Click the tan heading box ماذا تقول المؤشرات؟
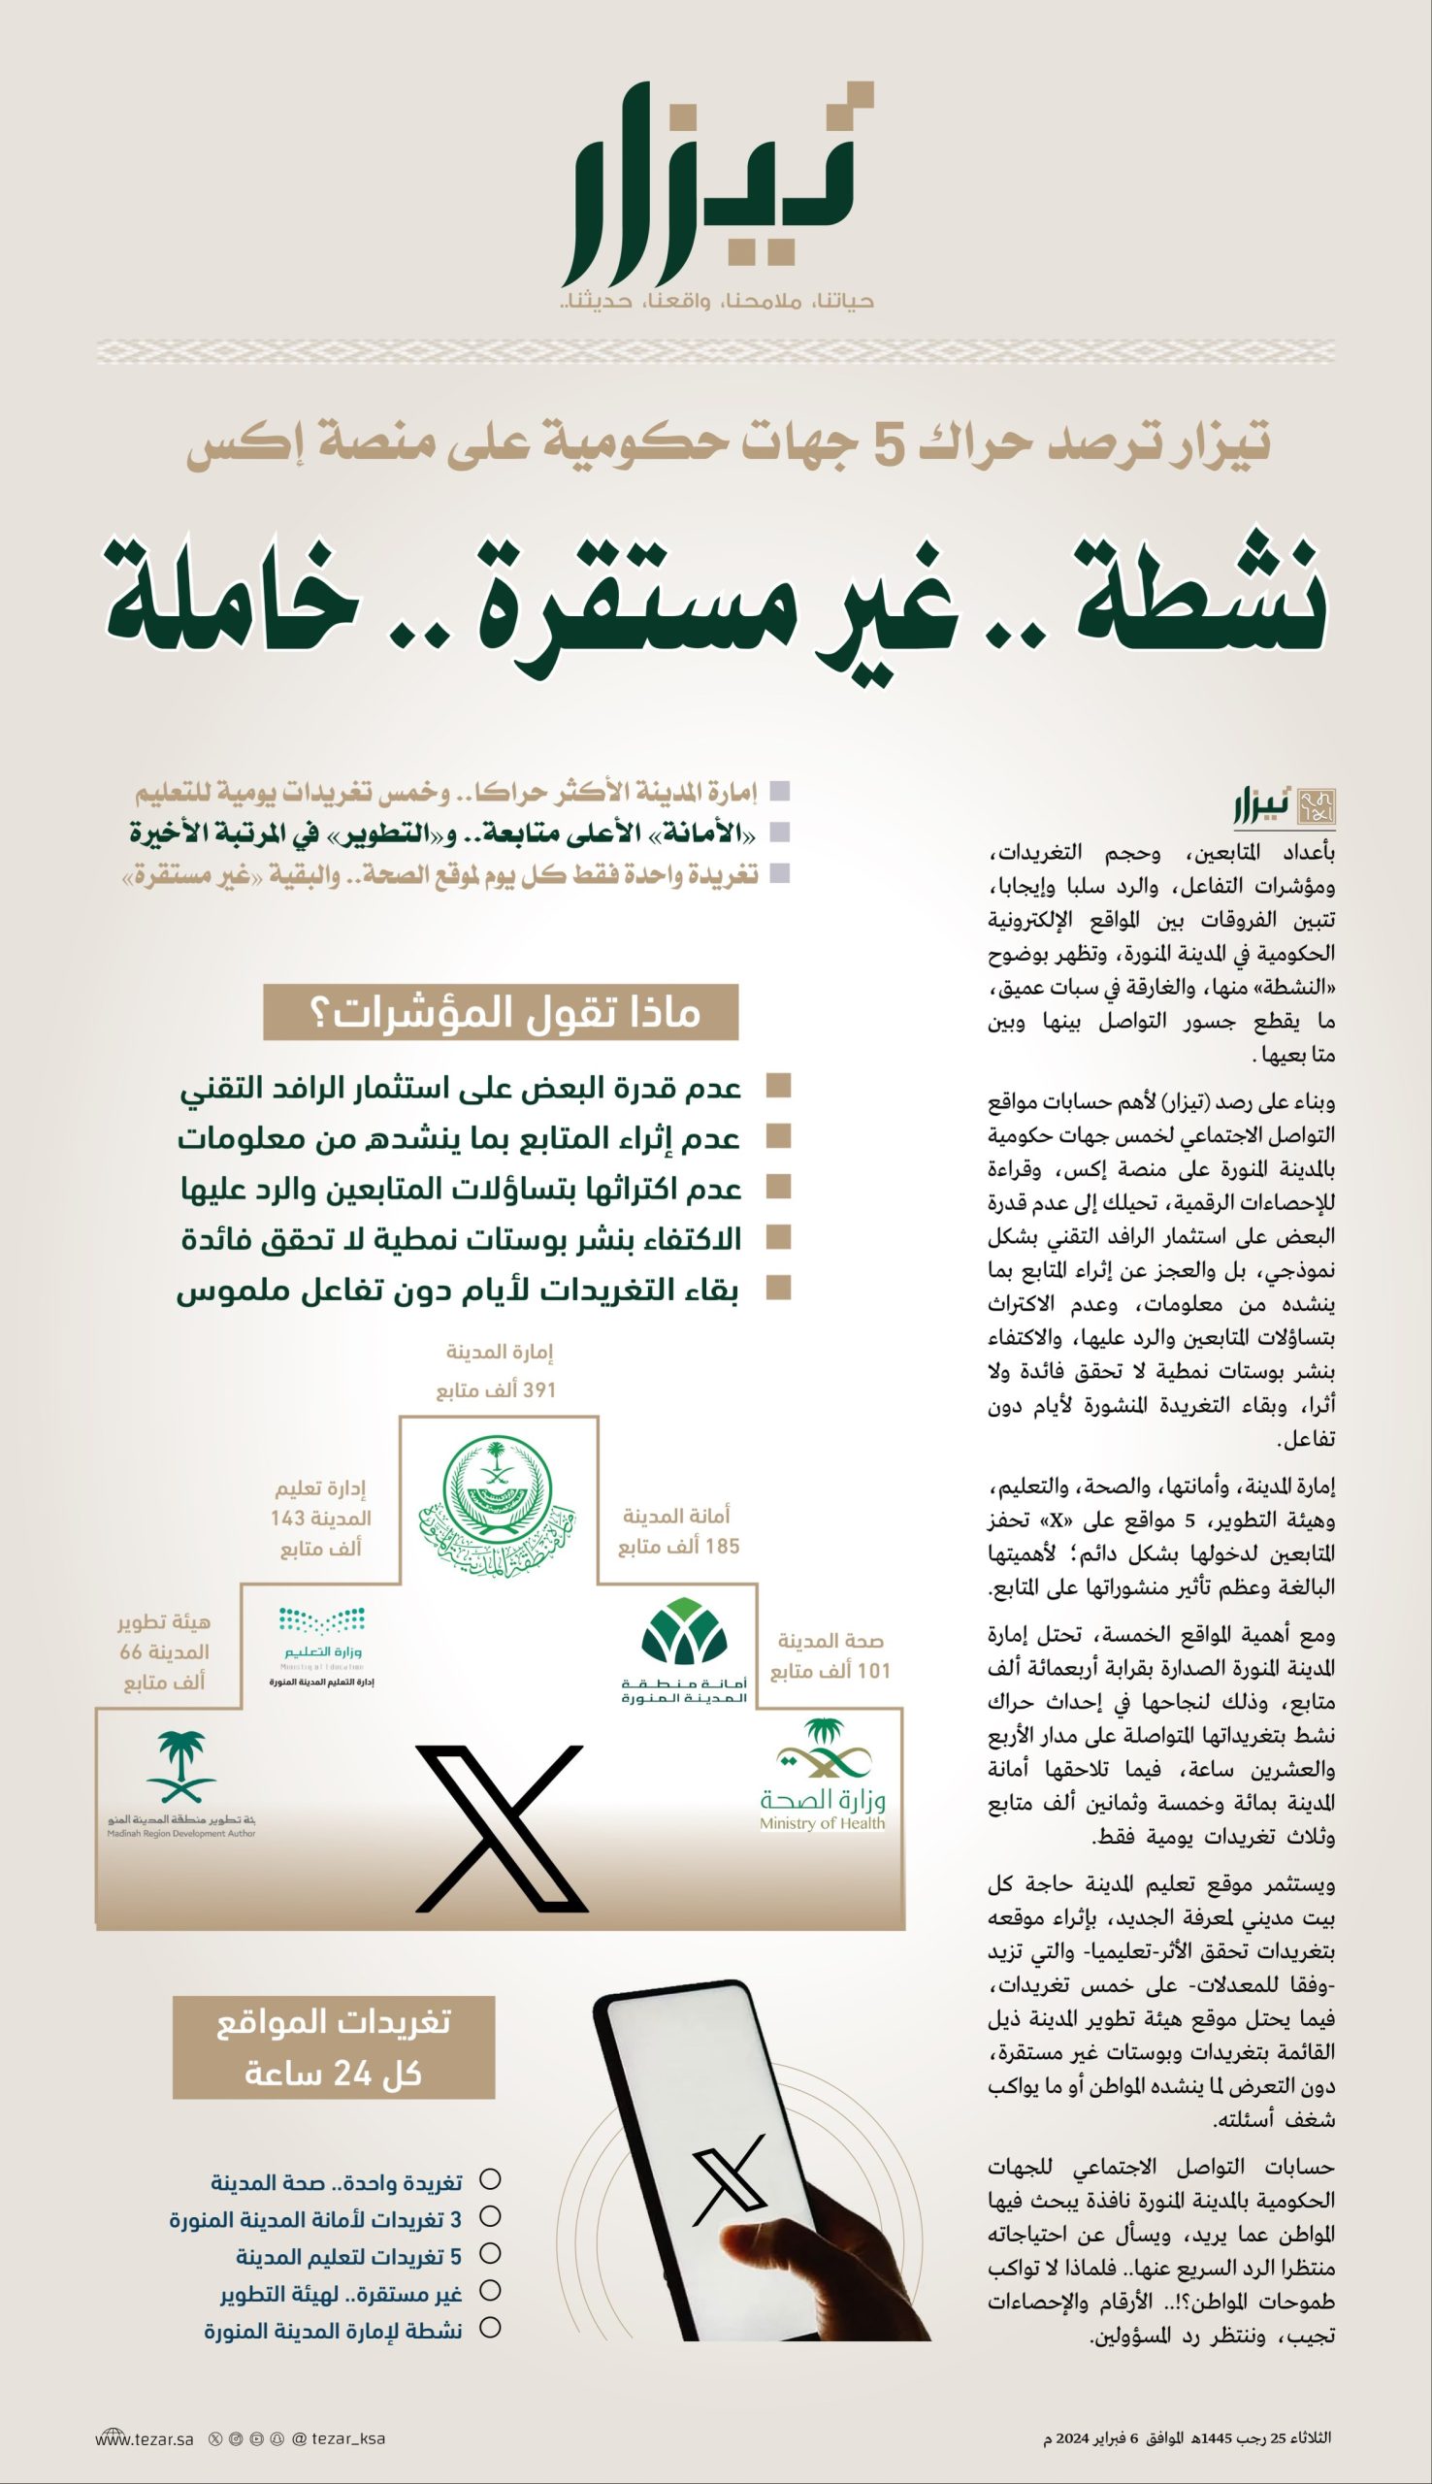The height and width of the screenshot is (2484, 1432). tap(500, 1014)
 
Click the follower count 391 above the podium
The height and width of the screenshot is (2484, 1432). tap(539, 1390)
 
